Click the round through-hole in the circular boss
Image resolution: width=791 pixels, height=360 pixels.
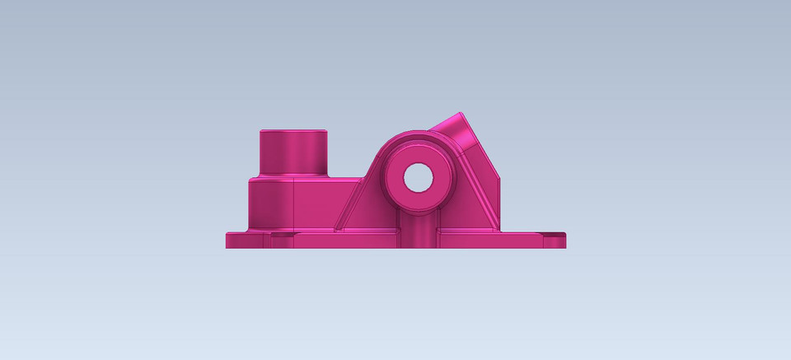(418, 176)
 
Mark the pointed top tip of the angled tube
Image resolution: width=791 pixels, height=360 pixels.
(461, 114)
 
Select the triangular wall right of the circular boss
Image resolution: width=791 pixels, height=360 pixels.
(476, 194)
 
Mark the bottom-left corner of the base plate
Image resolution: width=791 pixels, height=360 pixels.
(227, 247)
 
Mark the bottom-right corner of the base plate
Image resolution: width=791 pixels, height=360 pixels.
(565, 246)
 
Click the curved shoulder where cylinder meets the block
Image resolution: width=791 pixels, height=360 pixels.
(293, 175)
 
